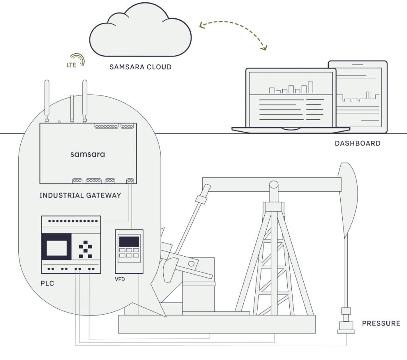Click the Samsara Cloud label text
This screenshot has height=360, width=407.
pos(141,67)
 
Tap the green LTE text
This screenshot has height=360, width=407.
pos(72,64)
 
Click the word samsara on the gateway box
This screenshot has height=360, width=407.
pos(87,154)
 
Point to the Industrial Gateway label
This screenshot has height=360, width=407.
pos(80,195)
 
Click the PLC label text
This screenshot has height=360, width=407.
pos(47,284)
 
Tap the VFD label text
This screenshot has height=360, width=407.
pos(120,279)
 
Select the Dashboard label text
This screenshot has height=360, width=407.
pos(357,143)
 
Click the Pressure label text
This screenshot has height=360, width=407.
pos(381,323)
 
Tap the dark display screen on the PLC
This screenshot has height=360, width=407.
pos(56,248)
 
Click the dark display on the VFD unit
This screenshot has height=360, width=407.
pos(129,241)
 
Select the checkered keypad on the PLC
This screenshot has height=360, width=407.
pos(85,248)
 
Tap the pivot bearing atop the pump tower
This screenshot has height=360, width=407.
pos(273,186)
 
